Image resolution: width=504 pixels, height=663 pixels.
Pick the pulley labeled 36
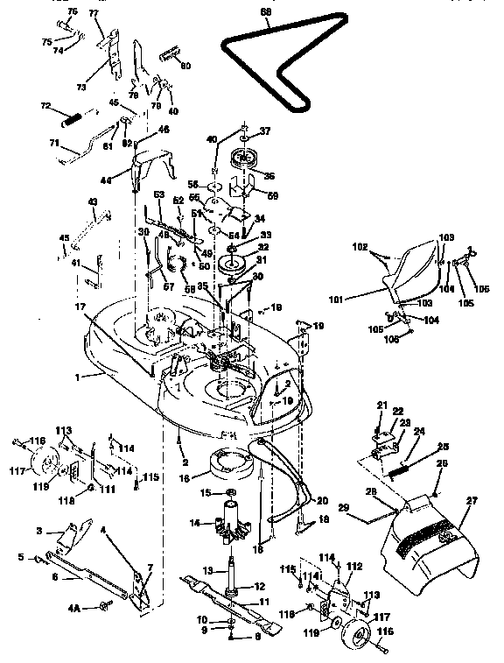pyautogui.click(x=238, y=164)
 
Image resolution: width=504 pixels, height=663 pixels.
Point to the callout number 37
pyautogui.click(x=266, y=130)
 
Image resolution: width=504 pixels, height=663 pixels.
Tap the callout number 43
pyautogui.click(x=93, y=202)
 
